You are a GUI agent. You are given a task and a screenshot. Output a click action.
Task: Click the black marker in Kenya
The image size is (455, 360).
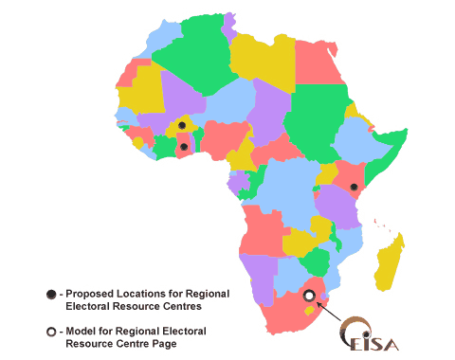click(352, 188)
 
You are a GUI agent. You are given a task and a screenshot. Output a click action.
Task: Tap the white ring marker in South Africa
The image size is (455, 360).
click(308, 296)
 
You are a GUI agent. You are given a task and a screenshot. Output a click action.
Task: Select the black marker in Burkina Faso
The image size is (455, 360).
click(181, 125)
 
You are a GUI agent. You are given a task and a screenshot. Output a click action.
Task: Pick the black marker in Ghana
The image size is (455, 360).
click(183, 146)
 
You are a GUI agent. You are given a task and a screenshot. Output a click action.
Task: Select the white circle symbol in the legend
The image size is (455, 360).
click(50, 332)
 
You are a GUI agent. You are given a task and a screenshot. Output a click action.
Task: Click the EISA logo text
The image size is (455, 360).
click(369, 342)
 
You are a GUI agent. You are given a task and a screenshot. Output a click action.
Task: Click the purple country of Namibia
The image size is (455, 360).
click(262, 279)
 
